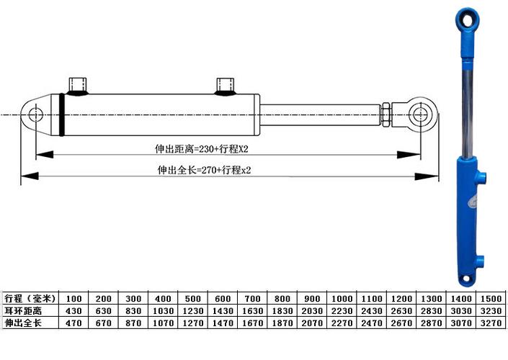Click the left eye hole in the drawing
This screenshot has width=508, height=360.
tap(35, 114)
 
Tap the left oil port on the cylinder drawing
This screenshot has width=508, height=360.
tap(79, 86)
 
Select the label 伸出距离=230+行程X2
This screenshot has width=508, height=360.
tap(197, 150)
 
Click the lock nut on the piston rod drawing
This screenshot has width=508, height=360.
tap(386, 114)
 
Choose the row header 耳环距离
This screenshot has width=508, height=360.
tap(23, 310)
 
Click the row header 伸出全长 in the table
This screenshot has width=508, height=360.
tap(23, 323)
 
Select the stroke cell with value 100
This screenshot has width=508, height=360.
tap(73, 298)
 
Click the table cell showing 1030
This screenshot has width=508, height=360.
tap(163, 310)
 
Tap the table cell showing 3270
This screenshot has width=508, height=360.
tap(491, 323)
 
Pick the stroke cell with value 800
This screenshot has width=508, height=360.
tap(282, 298)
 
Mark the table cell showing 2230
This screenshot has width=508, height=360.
tap(342, 310)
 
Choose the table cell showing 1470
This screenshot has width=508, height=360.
tap(223, 323)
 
